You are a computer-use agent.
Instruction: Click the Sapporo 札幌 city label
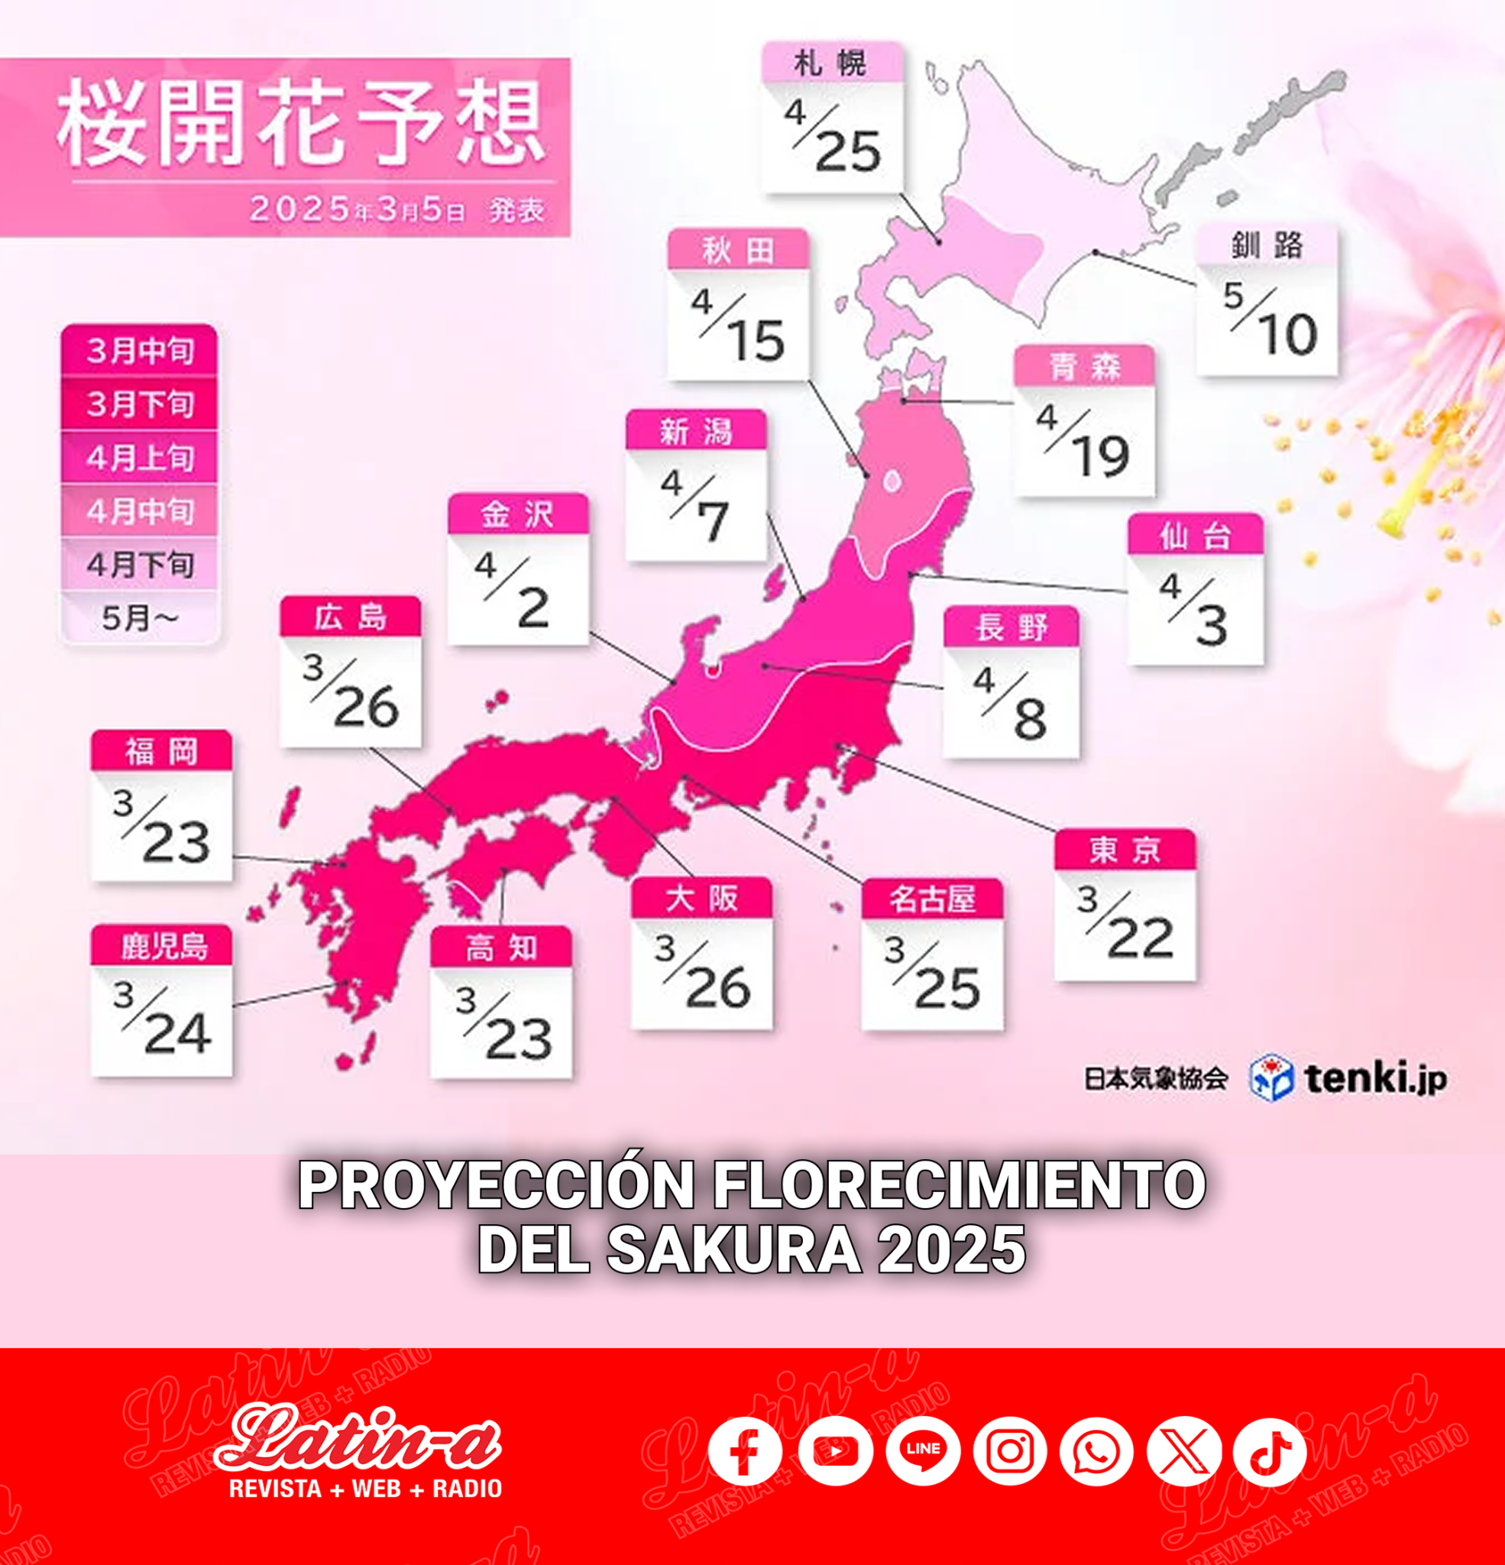click(831, 63)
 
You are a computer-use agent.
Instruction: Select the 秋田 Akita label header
click(738, 251)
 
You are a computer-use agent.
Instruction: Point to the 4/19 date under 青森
click(1084, 442)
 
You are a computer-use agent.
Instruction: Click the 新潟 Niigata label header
click(695, 432)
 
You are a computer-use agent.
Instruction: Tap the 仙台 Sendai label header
click(1194, 536)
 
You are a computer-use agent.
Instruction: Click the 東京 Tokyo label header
click(1124, 851)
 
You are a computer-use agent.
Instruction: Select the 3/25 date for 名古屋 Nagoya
click(932, 974)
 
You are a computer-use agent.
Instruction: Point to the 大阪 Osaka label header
click(702, 899)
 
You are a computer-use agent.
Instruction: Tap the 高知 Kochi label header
click(500, 948)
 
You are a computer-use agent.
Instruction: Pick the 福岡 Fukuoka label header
click(161, 751)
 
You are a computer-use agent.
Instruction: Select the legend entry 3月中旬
click(140, 351)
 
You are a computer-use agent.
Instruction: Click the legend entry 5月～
click(140, 617)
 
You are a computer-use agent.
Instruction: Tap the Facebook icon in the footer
click(744, 1451)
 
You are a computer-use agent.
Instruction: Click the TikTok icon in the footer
click(1270, 1451)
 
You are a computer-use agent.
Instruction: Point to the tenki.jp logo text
click(1375, 1080)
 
